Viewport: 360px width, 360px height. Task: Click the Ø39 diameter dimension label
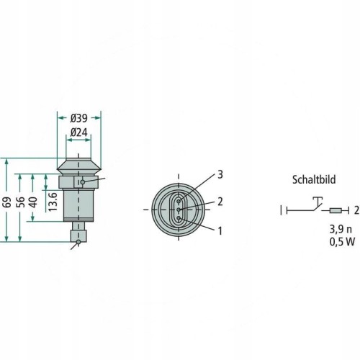[78, 118]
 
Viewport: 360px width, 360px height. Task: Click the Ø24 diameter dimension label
[78, 132]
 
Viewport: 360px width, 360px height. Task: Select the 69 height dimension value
[8, 202]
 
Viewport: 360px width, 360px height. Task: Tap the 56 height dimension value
[21, 202]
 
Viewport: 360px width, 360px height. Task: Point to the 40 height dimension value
[34, 202]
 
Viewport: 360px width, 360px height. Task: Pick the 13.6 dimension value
[53, 202]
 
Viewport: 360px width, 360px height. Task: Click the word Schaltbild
[314, 180]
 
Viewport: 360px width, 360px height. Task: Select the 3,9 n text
[341, 229]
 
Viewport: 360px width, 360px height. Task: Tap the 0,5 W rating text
[342, 242]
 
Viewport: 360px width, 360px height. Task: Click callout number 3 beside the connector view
[220, 174]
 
